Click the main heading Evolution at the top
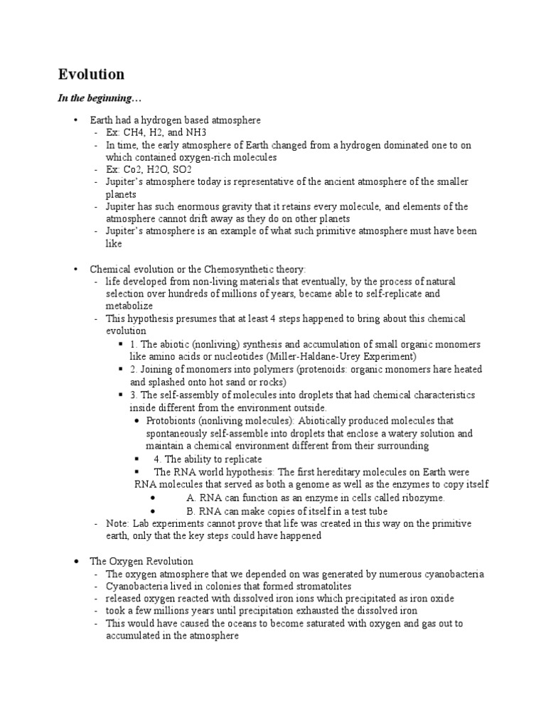pos(90,75)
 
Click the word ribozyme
pos(420,498)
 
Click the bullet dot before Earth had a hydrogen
pos(76,120)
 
